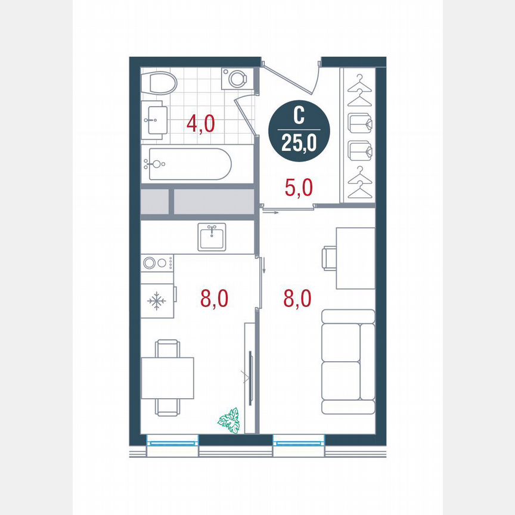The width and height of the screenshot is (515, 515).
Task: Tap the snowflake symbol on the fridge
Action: pyautogui.click(x=157, y=301)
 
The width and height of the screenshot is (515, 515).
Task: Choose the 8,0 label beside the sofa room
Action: pyautogui.click(x=297, y=298)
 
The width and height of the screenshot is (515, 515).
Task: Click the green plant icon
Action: pyautogui.click(x=229, y=420)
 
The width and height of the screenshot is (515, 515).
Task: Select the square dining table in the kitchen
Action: pyautogui.click(x=167, y=377)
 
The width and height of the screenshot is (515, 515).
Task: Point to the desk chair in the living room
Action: pyautogui.click(x=328, y=258)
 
